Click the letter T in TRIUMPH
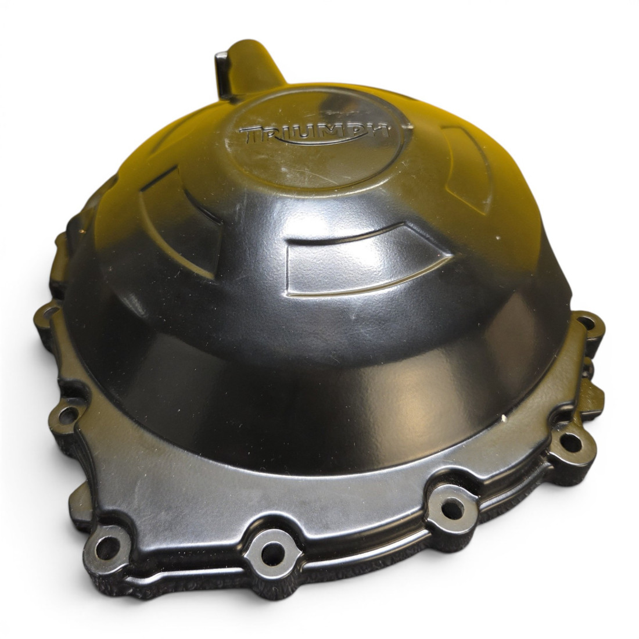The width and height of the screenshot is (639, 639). (x=250, y=134)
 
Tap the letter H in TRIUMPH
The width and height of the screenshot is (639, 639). (x=376, y=131)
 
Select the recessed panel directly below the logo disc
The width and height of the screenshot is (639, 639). (x=362, y=259)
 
